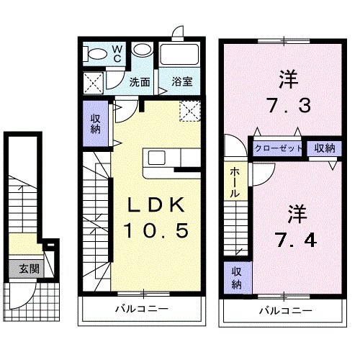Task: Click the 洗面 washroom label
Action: coord(139,82)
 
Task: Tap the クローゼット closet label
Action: coord(276,148)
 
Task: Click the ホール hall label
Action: coord(235,183)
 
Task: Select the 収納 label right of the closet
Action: coord(324,148)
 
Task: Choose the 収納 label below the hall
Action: coord(236,279)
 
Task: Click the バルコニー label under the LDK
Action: coord(142,310)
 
